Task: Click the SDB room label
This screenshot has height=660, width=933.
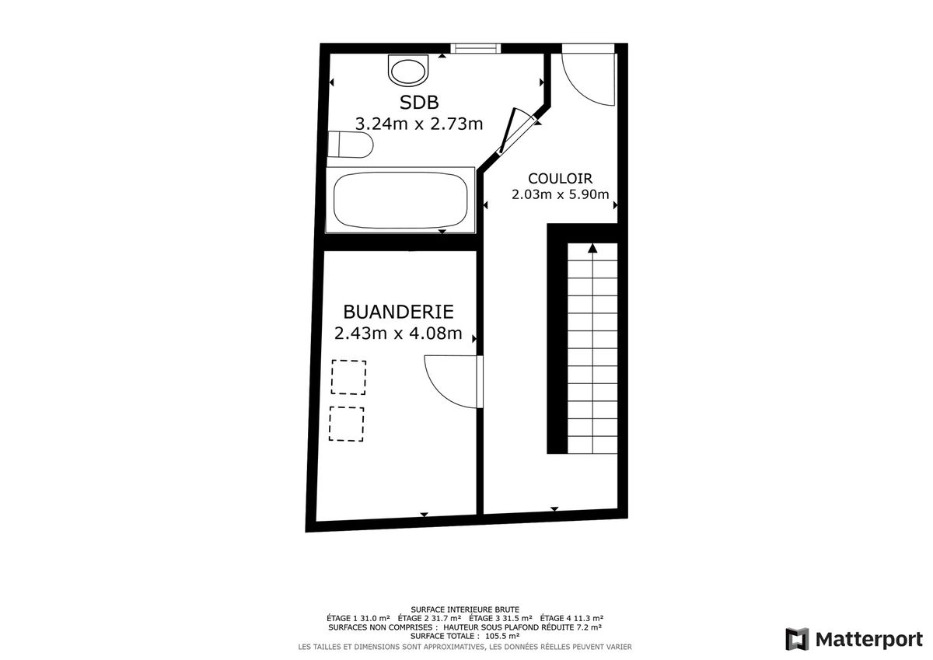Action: tap(419, 103)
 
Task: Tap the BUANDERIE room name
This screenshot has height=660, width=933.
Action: tap(398, 312)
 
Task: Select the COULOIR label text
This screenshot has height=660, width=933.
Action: tap(561, 179)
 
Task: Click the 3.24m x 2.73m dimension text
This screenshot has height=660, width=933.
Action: tap(419, 124)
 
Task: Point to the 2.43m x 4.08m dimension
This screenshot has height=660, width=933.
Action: tap(398, 333)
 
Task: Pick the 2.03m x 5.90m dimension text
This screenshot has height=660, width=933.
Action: tap(561, 194)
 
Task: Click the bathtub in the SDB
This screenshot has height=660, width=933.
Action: tap(400, 201)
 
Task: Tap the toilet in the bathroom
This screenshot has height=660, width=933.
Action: tap(350, 145)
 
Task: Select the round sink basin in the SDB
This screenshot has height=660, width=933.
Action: tap(408, 71)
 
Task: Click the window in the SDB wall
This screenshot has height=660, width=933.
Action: tap(475, 48)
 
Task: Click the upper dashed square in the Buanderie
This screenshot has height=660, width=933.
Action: tap(348, 377)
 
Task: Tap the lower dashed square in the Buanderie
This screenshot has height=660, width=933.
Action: tap(347, 424)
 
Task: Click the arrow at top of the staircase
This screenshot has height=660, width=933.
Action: tap(592, 248)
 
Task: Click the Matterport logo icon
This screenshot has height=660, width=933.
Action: tap(797, 639)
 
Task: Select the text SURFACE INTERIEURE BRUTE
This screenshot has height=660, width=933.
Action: tap(465, 609)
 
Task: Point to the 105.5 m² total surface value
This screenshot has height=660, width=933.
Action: tap(502, 636)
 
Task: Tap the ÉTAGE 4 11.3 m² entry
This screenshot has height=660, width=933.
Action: tap(571, 618)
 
